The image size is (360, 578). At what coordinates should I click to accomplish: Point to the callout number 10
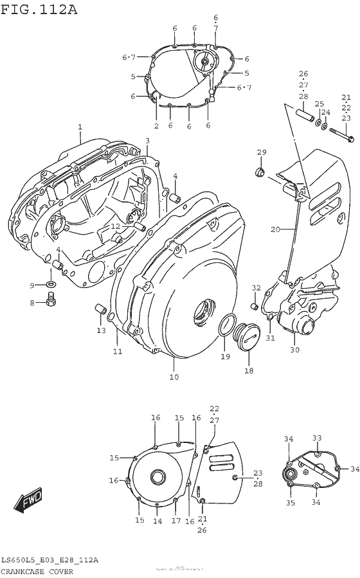(174, 377)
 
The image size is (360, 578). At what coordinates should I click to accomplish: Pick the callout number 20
(274, 229)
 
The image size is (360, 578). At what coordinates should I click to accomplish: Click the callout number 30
(295, 350)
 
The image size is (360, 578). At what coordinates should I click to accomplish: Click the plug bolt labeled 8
(51, 298)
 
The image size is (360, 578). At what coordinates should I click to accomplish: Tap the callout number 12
(114, 226)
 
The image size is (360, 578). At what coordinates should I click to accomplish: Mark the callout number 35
(289, 503)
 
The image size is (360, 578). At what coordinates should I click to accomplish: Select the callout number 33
(316, 438)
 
